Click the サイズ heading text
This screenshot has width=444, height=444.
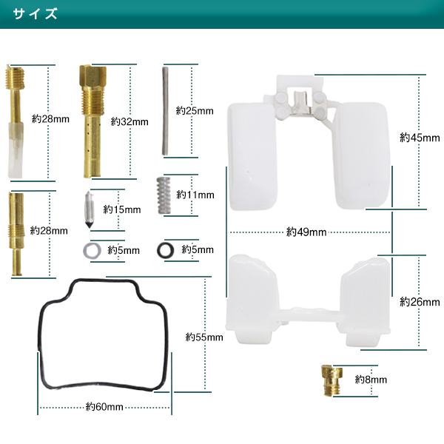(x=35, y=13)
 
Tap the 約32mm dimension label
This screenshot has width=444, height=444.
(x=129, y=121)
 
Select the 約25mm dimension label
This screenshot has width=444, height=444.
(x=195, y=110)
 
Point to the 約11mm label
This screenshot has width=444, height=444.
(x=195, y=195)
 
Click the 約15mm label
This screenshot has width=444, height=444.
(x=122, y=209)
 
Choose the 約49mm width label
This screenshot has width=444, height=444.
(x=306, y=232)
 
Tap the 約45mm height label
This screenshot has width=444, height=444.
(x=420, y=138)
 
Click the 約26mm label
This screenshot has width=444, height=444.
(x=420, y=302)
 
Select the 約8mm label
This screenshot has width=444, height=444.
(x=371, y=379)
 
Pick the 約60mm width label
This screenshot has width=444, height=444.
(x=104, y=407)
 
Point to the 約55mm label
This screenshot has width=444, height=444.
(x=204, y=337)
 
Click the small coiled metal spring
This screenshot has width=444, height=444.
(x=164, y=195)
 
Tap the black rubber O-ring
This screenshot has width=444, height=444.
(x=166, y=250)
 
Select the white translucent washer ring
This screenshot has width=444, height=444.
(x=92, y=251)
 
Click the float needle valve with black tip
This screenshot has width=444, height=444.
(x=90, y=209)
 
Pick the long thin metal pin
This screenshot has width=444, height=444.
(x=165, y=111)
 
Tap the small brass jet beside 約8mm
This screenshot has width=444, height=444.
(x=332, y=380)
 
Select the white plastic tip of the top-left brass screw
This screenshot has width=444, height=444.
(x=16, y=150)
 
